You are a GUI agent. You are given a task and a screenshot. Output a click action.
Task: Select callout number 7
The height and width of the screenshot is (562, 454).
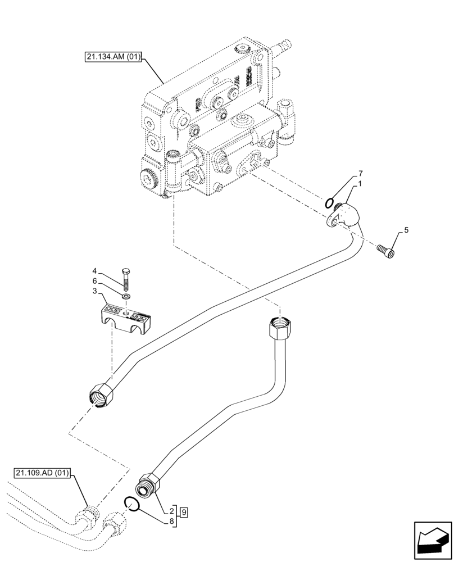point(361,173)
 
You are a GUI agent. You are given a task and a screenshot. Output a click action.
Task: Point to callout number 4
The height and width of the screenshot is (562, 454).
point(95,271)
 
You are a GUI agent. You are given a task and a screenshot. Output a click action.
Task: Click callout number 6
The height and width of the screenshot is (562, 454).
point(95,281)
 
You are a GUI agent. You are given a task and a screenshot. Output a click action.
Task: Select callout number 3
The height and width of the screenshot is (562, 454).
point(95,291)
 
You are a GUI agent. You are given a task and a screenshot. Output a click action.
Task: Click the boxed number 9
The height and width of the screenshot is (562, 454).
point(184,511)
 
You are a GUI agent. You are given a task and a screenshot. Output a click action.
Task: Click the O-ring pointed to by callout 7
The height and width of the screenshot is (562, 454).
point(331,202)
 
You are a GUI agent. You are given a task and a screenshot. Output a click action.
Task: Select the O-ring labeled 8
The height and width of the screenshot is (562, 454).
point(131,505)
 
